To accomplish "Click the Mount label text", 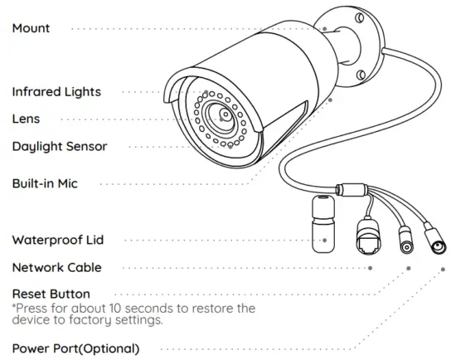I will [x=31, y=28].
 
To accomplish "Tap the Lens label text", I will [x=26, y=119].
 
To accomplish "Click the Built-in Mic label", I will [x=45, y=183].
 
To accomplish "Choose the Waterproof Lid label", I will [x=58, y=240].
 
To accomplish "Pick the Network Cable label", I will [x=57, y=267].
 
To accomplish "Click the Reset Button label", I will [x=51, y=294].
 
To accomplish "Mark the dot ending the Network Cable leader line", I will [x=370, y=267].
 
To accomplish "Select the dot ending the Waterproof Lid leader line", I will [x=325, y=241].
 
